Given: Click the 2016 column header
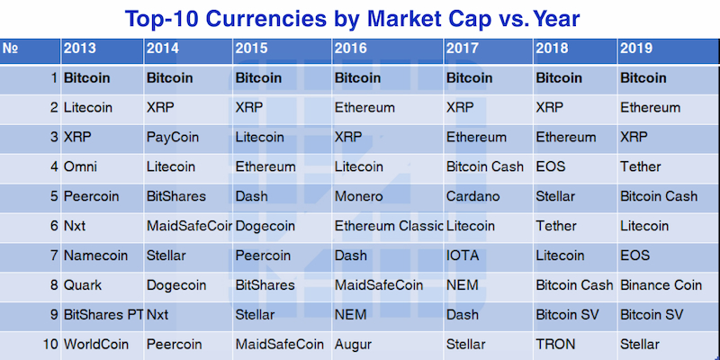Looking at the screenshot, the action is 351,49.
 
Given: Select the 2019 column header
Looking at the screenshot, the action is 636,49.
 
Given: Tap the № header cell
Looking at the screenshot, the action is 10,49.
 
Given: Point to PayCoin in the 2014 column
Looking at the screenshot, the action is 173,138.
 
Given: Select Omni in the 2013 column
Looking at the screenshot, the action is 80,166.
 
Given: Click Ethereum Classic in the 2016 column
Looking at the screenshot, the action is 389,226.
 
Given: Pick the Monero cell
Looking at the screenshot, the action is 358,196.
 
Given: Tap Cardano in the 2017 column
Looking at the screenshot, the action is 473,196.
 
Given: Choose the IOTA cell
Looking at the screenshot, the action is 463,256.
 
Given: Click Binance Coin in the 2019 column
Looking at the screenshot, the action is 661,285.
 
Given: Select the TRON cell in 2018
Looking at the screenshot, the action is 555,344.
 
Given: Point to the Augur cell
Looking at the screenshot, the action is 353,344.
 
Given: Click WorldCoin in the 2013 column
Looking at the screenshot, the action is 96,344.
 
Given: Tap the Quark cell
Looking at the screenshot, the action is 83,285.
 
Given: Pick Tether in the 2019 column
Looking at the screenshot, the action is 641,166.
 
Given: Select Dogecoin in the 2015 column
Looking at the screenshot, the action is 265,226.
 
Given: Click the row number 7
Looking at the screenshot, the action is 55,256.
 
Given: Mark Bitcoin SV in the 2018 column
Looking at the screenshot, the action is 567,314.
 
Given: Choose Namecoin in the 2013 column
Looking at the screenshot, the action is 95,256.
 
